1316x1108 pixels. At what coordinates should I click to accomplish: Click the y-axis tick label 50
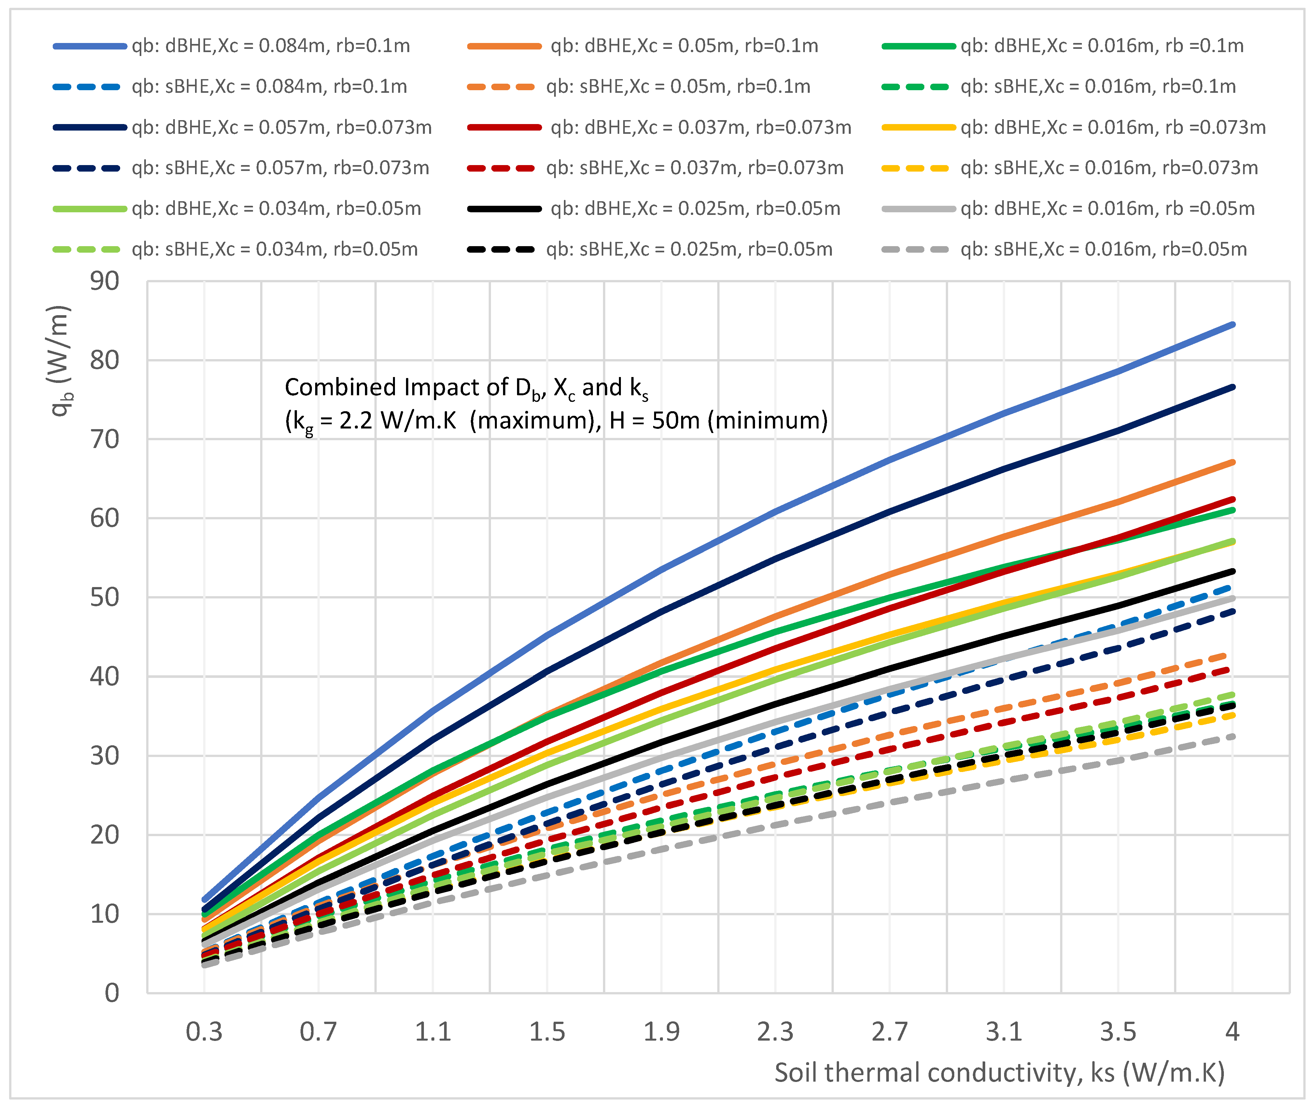click(x=104, y=597)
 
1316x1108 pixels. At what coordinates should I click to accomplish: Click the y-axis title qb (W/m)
click(x=61, y=361)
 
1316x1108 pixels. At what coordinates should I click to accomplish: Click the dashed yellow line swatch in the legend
click(x=915, y=168)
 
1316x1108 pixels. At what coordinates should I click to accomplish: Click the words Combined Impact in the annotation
click(x=364, y=387)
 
